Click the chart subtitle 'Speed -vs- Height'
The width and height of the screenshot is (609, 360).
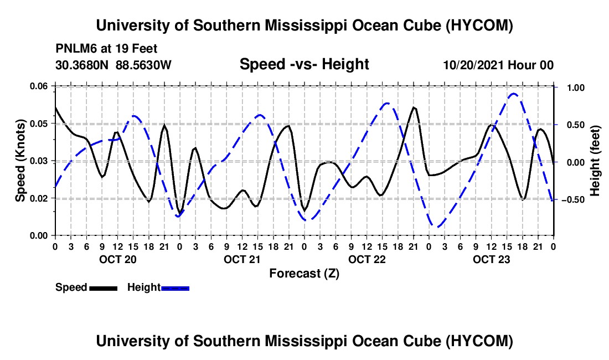coord(304,64)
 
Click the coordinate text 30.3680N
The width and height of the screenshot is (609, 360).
coord(82,65)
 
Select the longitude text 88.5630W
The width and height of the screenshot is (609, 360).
coord(143,65)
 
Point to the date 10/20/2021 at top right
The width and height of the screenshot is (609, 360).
coord(473,65)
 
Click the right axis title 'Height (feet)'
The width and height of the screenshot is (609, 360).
coord(595,161)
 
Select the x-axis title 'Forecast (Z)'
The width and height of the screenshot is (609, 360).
coord(304,274)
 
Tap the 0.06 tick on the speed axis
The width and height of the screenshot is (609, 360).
coord(38,86)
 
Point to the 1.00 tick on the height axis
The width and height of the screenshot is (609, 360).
coord(576,88)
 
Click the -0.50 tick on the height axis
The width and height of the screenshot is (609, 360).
coord(573,199)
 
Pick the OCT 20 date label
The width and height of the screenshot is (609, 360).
coord(118,259)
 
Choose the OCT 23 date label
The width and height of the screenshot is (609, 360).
coord(491,259)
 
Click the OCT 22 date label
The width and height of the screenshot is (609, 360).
coord(367,259)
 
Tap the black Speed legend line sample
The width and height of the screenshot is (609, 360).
coord(104,288)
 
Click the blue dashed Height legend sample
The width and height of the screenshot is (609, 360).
coord(175,288)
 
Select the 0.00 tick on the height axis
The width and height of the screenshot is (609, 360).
coord(576,162)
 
